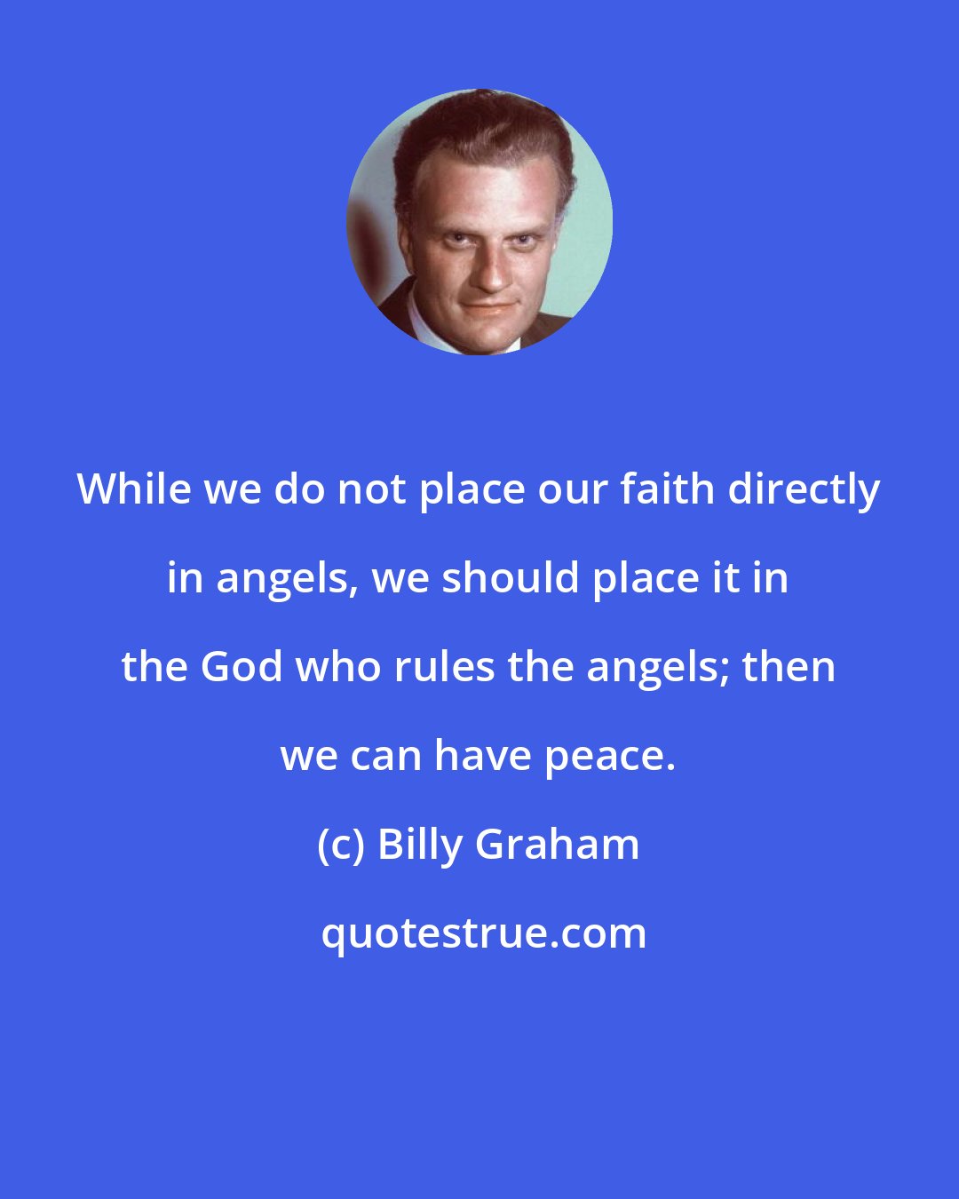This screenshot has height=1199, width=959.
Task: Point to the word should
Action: coord(510,578)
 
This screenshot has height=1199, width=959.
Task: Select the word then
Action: coord(789,667)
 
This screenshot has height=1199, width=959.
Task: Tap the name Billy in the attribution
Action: coord(420,845)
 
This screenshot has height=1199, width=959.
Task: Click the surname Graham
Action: coord(558,845)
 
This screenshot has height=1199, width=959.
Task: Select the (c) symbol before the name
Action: coord(341,845)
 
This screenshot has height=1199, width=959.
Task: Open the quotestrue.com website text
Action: coord(484,933)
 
